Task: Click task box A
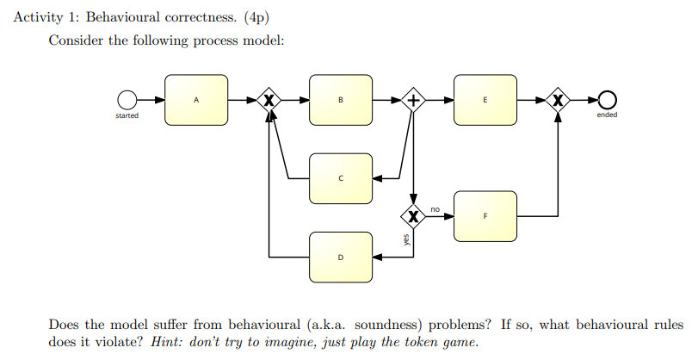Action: click(x=196, y=100)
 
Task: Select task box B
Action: click(x=341, y=100)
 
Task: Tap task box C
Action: click(x=341, y=179)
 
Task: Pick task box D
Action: click(x=341, y=257)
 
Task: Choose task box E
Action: click(x=485, y=100)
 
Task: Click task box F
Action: click(x=485, y=216)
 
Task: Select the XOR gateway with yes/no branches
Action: click(x=414, y=216)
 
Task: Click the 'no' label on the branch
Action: click(x=435, y=208)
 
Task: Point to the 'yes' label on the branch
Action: click(x=406, y=240)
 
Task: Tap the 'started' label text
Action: click(x=127, y=115)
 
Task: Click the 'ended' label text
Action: click(x=607, y=115)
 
